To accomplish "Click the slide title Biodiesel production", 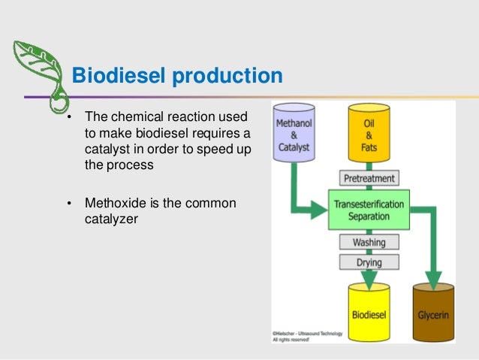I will [176, 76].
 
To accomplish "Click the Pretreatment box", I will [369, 179].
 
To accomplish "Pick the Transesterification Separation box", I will [369, 210].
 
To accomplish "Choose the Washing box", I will [369, 243].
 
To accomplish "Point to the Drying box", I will [369, 262].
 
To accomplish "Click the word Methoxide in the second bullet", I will [112, 204].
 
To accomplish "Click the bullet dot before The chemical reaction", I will [68, 119].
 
